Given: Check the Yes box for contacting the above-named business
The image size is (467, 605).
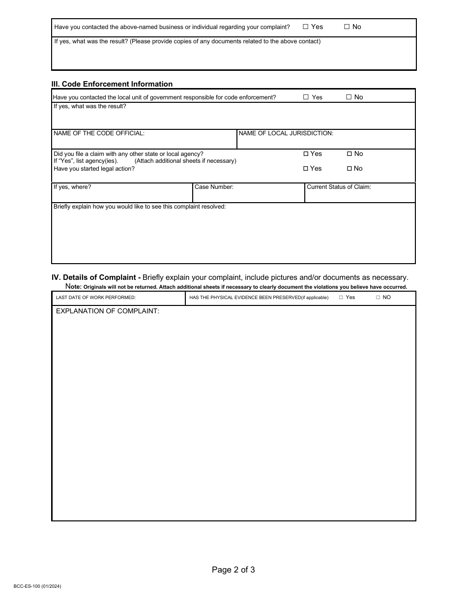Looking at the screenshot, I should (305, 27).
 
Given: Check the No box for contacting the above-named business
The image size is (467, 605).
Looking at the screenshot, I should (347, 27).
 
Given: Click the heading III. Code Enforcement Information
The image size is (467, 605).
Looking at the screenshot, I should (112, 84).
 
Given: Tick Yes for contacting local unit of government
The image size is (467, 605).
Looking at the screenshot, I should (306, 97).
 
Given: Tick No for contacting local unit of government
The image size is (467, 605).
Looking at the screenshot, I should (349, 97).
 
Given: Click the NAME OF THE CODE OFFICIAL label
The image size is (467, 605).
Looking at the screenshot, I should (99, 133).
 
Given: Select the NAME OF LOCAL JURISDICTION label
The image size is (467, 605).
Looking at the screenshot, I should (286, 133).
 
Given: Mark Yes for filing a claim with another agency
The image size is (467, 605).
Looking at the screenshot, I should (306, 154).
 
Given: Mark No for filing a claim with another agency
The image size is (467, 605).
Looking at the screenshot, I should (349, 154).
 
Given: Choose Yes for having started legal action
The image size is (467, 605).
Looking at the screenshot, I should (306, 169).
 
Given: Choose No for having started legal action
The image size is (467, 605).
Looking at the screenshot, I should (349, 169).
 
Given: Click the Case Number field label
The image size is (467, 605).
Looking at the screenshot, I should (214, 187).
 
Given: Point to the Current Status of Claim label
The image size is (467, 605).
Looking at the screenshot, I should (339, 187).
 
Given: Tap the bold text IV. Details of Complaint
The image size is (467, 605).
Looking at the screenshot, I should (96, 277).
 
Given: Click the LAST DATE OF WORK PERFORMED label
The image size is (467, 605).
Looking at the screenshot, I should (96, 298).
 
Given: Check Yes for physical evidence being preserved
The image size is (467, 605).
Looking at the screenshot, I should (341, 298).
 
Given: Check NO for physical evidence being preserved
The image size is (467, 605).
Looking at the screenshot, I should (378, 298).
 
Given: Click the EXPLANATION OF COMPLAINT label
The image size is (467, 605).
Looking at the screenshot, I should (108, 311).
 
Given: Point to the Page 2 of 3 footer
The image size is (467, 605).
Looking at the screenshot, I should (233, 570).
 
